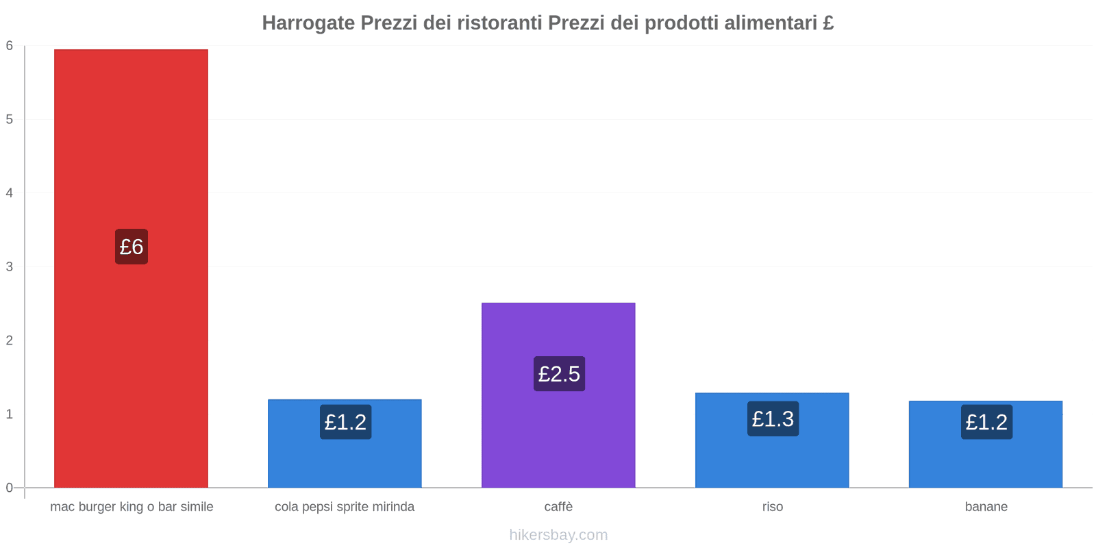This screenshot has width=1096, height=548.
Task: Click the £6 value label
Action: tap(132, 247)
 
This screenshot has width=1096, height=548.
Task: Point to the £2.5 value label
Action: tap(559, 374)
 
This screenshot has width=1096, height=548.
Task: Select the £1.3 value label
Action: tap(773, 419)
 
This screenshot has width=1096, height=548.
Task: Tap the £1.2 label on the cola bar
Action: tap(345, 422)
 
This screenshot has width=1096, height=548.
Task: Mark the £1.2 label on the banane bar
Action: tap(986, 422)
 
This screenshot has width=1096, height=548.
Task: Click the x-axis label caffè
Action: tap(558, 507)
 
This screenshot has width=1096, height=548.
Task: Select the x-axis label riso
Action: tap(772, 507)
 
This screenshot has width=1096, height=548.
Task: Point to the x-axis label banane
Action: tap(986, 507)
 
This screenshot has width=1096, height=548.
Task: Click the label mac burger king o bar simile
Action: tap(132, 507)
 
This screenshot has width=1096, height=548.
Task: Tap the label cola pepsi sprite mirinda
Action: tap(345, 507)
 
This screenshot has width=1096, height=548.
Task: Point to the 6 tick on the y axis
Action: tap(10, 46)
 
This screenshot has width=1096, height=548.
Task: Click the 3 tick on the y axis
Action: tap(10, 266)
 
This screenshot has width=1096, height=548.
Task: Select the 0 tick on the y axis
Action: tap(10, 488)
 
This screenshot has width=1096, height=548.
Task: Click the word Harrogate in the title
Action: tap(308, 23)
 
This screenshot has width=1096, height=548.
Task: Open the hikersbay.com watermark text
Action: tap(558, 535)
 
